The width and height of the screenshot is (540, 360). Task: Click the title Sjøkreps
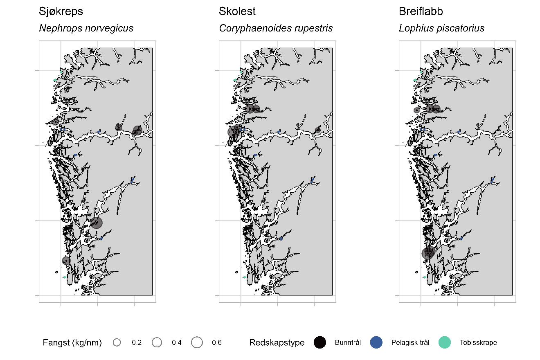(x=61, y=11)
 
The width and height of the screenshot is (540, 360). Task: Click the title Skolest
(x=237, y=11)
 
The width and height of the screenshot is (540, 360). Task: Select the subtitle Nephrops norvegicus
(x=86, y=28)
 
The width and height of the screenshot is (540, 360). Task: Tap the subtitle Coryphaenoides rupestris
(x=276, y=28)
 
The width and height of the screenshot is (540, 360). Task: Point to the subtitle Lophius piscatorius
(x=441, y=28)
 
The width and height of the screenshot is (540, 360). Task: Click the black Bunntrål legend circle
(x=320, y=342)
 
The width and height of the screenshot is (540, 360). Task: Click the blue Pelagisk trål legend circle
(x=376, y=342)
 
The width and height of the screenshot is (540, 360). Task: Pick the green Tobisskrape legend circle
(x=444, y=342)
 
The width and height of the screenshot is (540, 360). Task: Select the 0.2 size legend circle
(x=117, y=342)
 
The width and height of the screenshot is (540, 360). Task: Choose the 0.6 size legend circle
(x=197, y=342)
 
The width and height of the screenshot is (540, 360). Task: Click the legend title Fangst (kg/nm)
(x=72, y=342)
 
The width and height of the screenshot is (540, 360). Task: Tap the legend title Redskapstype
(x=277, y=342)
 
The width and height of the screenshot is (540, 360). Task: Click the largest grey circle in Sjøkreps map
(x=97, y=223)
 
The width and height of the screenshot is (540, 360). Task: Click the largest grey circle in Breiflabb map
(x=428, y=253)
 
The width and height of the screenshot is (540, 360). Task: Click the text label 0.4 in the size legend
(x=176, y=342)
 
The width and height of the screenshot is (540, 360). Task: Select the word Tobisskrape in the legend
(x=478, y=342)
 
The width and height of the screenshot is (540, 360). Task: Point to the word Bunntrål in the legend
(x=348, y=342)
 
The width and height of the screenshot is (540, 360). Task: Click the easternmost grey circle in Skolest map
(x=317, y=130)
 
